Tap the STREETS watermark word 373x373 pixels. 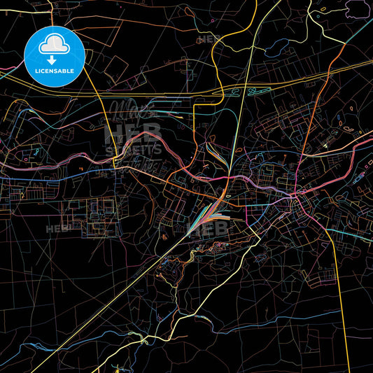[x=133, y=149]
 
